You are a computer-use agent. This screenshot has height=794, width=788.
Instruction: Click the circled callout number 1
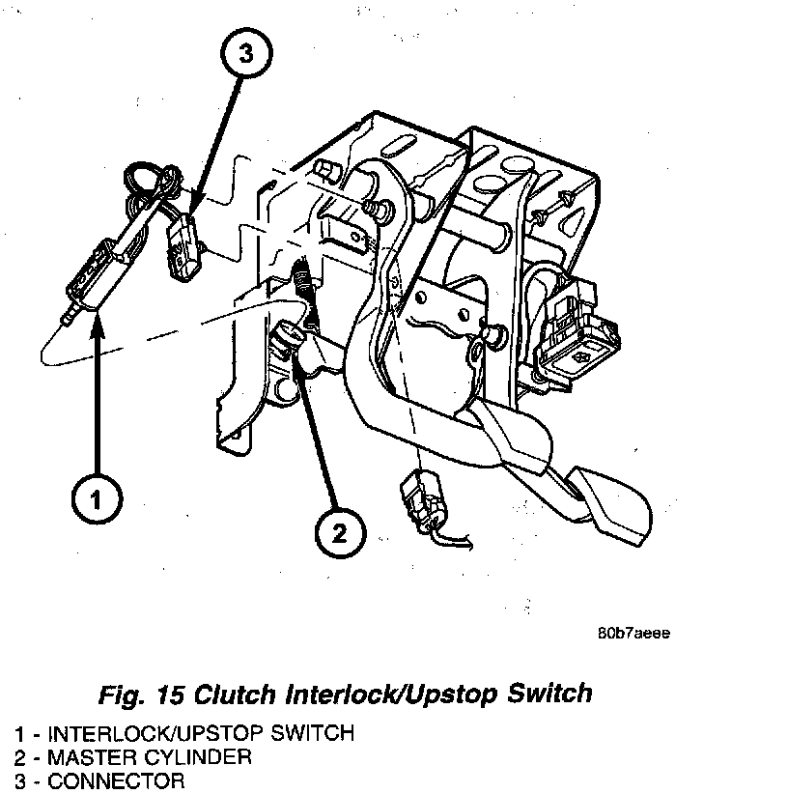(x=98, y=499)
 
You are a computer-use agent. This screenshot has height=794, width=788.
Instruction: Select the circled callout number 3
(x=245, y=56)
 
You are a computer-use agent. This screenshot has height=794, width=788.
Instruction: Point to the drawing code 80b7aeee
(x=633, y=634)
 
